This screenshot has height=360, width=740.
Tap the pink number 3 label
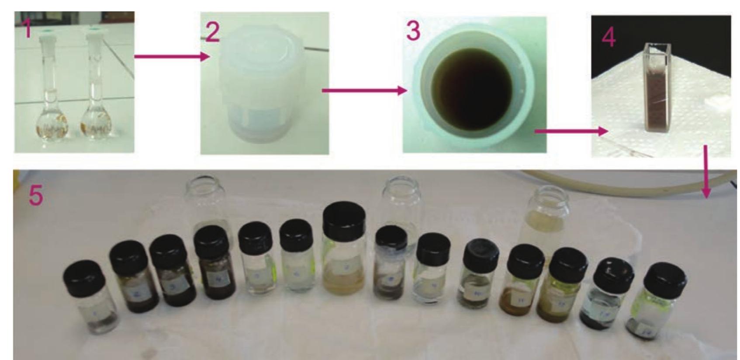[413, 31]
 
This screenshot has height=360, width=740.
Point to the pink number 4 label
[609, 37]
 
